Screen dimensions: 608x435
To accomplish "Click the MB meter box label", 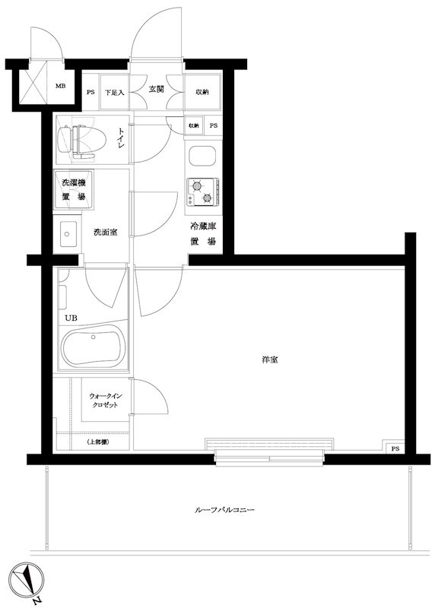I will click(61, 85).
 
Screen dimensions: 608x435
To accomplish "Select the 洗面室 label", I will click(106, 231).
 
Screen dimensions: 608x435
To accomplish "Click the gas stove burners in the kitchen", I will click(202, 192).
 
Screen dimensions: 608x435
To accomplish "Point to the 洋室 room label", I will click(268, 359).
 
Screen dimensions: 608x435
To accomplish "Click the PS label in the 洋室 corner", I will click(395, 449).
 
